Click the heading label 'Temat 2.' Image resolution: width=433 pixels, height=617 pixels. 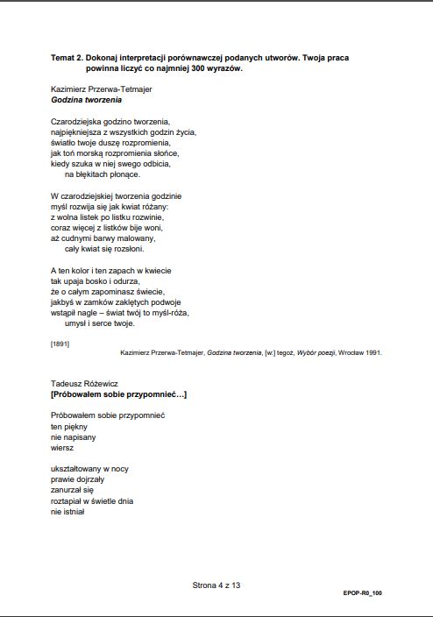[x=68, y=57]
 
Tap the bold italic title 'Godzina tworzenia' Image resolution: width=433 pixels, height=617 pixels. [x=86, y=100]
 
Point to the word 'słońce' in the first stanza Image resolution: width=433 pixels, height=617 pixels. [x=166, y=152]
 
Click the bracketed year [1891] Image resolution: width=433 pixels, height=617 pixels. [x=60, y=343]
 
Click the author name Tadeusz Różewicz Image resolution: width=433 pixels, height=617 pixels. [x=85, y=383]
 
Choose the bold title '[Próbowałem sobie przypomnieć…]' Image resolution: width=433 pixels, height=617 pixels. [x=118, y=394]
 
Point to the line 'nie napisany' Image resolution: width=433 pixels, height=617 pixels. [x=74, y=436]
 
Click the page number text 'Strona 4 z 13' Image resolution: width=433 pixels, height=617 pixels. [x=216, y=584]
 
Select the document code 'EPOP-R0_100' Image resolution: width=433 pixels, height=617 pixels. [x=362, y=593]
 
